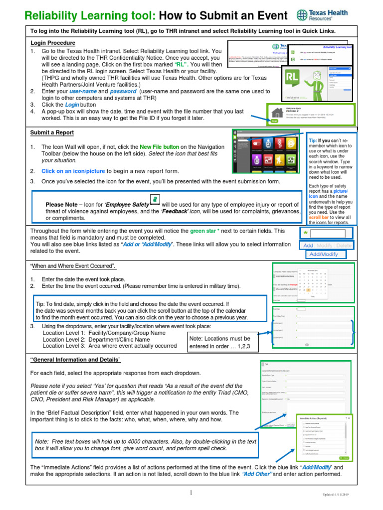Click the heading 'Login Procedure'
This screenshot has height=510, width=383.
coord(53,43)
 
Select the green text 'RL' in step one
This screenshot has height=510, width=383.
coord(181,65)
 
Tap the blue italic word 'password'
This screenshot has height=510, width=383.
coord(123,92)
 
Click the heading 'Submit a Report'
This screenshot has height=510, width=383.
coord(52,132)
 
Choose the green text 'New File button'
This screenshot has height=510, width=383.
coord(159,147)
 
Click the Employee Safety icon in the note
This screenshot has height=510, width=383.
coord(155,200)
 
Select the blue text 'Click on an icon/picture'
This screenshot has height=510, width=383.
coord(73,171)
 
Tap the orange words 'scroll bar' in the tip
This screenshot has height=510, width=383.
coord(318,218)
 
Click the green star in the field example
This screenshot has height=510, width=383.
coord(305,233)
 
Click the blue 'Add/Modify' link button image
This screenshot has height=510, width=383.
coord(324,254)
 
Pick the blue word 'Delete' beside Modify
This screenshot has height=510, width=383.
coord(344,246)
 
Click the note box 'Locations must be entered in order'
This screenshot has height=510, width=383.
coord(219,342)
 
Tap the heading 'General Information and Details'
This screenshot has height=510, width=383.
coord(76,360)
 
